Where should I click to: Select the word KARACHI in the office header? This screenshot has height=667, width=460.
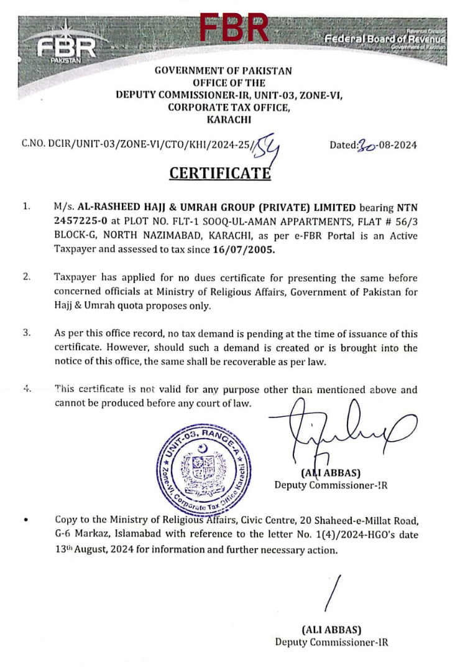coord(223,119)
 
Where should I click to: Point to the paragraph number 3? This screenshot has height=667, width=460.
coord(27,333)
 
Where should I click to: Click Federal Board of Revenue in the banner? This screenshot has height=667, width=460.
coord(385,39)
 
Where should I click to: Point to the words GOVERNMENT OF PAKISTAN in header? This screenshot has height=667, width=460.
coord(223,72)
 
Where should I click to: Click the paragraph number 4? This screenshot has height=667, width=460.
coord(27,389)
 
